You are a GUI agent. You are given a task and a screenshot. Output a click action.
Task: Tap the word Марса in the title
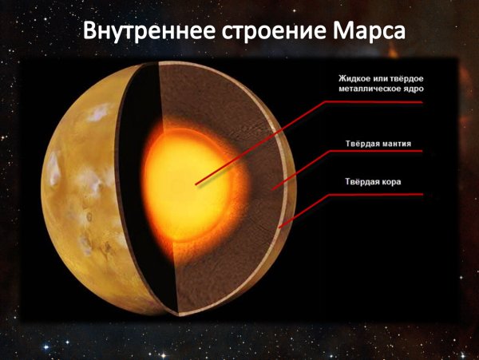point(360,31)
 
